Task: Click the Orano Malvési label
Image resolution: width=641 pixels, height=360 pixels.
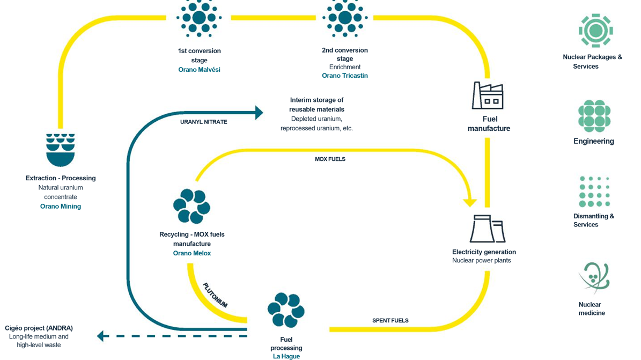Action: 199,70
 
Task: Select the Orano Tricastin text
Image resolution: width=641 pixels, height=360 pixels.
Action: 344,76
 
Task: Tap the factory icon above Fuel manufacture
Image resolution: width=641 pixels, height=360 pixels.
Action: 488,96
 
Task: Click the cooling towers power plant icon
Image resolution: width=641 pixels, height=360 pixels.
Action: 487,230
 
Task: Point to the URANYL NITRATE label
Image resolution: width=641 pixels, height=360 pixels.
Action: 204,122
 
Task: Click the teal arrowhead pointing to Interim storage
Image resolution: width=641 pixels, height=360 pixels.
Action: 259,112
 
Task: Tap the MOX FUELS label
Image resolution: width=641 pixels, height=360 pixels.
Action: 330,159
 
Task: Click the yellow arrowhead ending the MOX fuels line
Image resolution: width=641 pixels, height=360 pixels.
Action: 470,202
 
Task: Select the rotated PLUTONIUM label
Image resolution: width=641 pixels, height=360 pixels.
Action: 215,296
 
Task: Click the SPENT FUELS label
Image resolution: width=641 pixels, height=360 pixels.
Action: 391,321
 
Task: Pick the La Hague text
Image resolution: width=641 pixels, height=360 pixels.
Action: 286,356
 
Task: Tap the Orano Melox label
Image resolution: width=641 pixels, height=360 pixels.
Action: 192,253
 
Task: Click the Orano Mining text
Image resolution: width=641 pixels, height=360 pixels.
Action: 61,207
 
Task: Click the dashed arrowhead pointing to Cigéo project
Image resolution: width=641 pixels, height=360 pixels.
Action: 100,336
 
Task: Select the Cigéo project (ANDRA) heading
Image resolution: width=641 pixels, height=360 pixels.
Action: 39,328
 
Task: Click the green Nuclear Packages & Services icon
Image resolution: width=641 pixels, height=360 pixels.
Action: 595,31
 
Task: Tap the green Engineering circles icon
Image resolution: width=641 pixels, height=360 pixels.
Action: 594,116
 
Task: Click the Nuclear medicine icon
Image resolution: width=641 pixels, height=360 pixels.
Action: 594,277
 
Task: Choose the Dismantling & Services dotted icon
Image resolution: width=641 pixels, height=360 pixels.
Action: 594,192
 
